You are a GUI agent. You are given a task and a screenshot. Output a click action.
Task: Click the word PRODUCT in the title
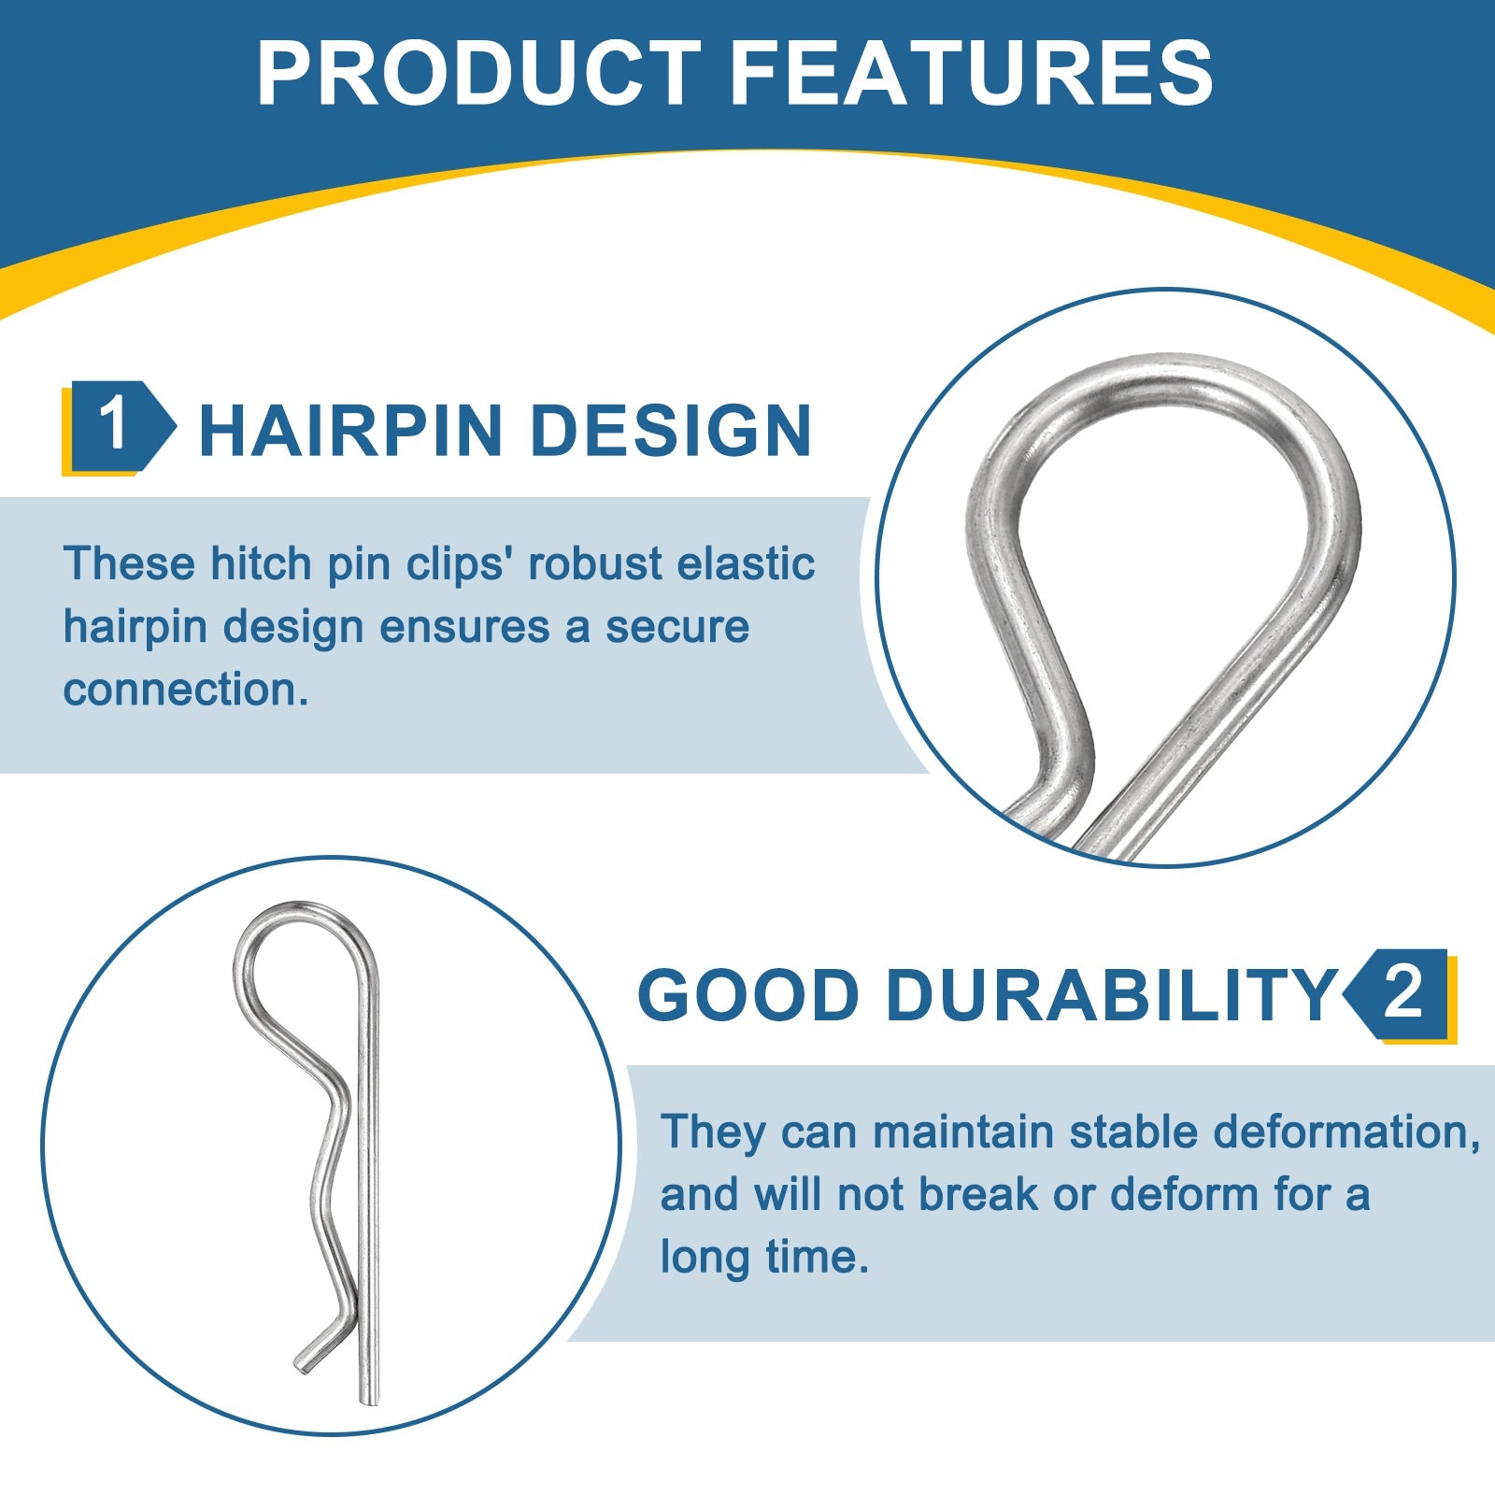(x=478, y=73)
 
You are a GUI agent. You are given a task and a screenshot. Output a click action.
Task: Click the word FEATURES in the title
(x=971, y=73)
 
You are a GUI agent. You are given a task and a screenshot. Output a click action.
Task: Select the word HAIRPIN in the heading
(x=351, y=431)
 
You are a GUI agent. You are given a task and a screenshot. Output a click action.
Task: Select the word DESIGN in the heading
(x=670, y=431)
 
